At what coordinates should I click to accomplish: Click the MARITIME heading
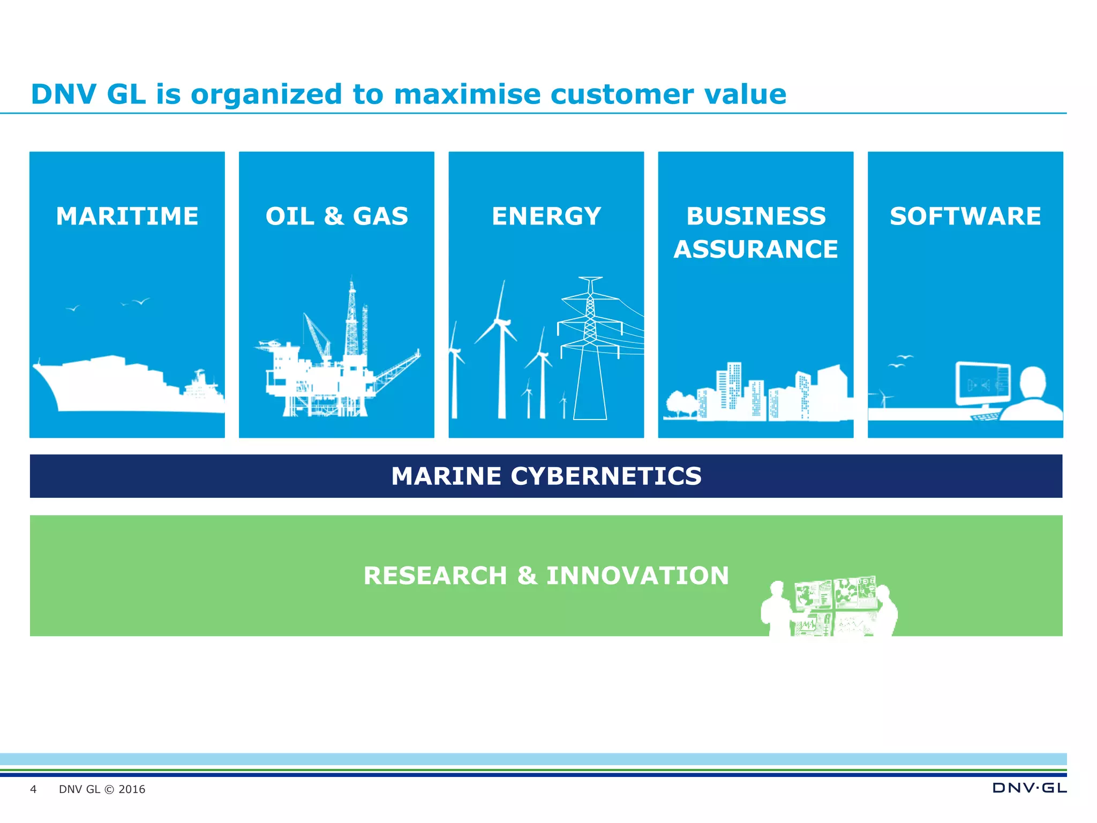point(127,216)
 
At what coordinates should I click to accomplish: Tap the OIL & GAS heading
point(336,216)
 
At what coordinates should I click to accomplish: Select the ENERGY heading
point(546,216)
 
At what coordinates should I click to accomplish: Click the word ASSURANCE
point(755,249)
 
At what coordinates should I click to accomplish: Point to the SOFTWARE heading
point(965,216)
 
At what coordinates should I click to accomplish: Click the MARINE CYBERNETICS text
point(546,476)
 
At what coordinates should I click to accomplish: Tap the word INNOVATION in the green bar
point(637,575)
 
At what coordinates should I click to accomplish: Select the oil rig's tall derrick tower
point(351,321)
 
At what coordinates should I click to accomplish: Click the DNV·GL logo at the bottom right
point(1029,788)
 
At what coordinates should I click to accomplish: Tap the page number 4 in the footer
point(33,789)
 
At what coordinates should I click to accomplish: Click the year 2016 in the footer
point(132,789)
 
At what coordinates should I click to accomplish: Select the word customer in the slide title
point(622,94)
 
